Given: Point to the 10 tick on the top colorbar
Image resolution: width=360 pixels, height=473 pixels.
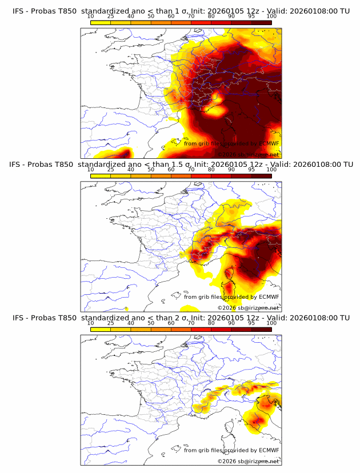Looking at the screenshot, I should pyautogui.click(x=91, y=17).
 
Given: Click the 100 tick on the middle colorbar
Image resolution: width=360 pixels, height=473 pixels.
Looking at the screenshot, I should pyautogui.click(x=271, y=170).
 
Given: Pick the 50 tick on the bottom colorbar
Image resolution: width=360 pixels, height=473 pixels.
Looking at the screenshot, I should pyautogui.click(x=151, y=323).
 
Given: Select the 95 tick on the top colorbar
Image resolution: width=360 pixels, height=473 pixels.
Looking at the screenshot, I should pyautogui.click(x=251, y=17).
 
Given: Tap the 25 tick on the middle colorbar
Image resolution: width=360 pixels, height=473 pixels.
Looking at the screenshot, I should pyautogui.click(x=111, y=170).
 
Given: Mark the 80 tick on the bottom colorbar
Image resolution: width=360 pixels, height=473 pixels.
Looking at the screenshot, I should pyautogui.click(x=211, y=323).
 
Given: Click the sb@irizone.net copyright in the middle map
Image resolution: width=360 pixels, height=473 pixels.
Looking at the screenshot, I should pyautogui.click(x=248, y=308).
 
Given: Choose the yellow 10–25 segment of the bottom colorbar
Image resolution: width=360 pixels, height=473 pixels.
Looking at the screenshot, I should pyautogui.click(x=101, y=330).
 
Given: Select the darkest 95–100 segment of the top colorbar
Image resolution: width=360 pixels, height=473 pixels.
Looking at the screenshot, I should pyautogui.click(x=261, y=23).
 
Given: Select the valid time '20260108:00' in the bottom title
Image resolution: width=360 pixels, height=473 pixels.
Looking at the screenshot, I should pyautogui.click(x=315, y=318).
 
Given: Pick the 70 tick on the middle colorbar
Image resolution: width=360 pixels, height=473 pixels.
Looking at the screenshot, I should pyautogui.click(x=191, y=170).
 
